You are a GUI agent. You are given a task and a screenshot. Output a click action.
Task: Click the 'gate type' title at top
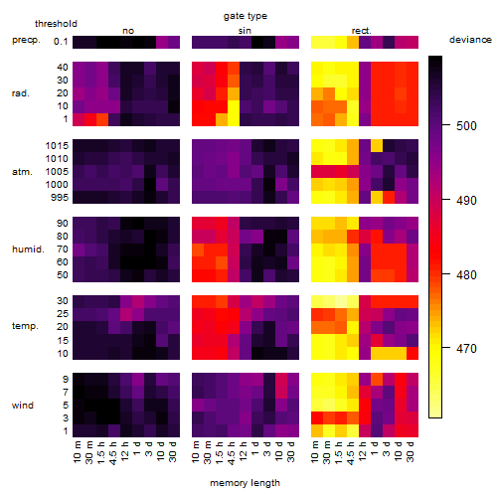point(246,16)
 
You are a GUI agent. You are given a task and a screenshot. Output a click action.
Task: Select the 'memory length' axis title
point(245,483)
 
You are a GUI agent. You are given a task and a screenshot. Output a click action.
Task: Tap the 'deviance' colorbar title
point(470,40)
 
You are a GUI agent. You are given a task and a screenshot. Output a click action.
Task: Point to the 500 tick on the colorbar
point(446,125)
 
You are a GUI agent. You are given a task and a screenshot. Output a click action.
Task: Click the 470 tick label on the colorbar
point(466,349)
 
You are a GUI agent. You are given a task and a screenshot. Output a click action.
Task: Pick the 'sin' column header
point(245,31)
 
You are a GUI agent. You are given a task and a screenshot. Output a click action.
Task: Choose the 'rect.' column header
point(362,31)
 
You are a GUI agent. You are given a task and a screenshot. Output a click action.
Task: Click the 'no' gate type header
point(128,31)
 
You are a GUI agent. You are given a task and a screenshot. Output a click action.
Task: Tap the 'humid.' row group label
point(28,249)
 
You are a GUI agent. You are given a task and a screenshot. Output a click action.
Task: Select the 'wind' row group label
point(23,406)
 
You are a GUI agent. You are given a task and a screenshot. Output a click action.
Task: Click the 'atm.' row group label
point(22,172)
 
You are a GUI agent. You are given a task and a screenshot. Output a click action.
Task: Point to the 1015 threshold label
point(57,146)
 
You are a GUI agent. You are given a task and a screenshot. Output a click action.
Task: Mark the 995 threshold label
point(60,198)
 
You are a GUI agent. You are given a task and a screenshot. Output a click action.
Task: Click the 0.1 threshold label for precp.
point(61,42)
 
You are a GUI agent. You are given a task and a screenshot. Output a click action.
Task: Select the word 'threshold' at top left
point(56,24)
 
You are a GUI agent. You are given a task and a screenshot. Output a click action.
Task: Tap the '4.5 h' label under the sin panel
point(232,453)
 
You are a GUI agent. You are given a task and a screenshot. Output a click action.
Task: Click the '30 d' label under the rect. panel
point(411,451)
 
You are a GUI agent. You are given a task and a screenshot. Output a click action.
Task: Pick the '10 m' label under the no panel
point(78,452)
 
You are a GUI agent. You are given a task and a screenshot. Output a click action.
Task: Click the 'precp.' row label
point(26,40)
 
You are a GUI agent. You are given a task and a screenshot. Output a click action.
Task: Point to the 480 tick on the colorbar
point(446,274)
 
